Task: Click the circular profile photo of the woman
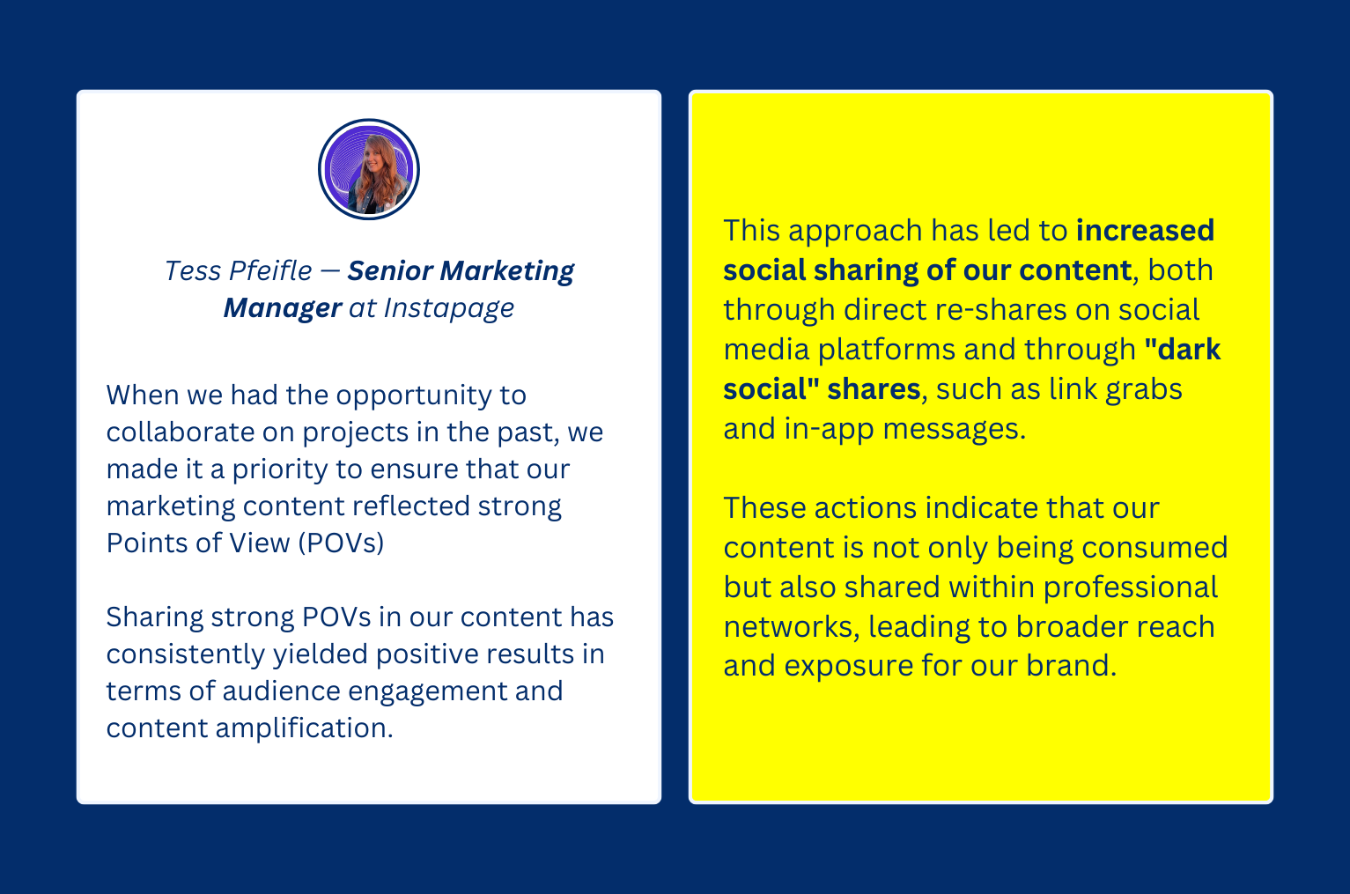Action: click(x=369, y=169)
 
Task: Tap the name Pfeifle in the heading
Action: click(x=270, y=270)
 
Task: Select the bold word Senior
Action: click(x=390, y=270)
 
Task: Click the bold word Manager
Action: click(x=283, y=308)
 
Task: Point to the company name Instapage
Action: click(x=449, y=308)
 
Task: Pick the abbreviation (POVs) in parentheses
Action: click(x=341, y=543)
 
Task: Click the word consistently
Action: click(x=186, y=654)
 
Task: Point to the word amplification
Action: click(x=305, y=728)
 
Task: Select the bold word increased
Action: click(x=1145, y=231)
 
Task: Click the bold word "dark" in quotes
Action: click(x=1182, y=350)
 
